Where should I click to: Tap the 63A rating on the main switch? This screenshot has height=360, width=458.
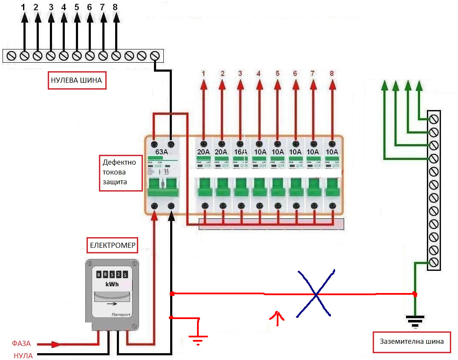pos(162,152)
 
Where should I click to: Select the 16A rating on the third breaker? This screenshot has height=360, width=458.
pos(240,152)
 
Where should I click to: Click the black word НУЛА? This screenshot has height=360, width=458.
pos(23,355)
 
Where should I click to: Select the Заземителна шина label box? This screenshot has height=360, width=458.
pos(412,342)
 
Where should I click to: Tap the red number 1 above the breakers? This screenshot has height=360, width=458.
pos(203,73)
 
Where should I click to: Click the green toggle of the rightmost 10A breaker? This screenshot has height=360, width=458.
pos(332,188)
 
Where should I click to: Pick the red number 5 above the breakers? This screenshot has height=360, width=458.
pos(277,73)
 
